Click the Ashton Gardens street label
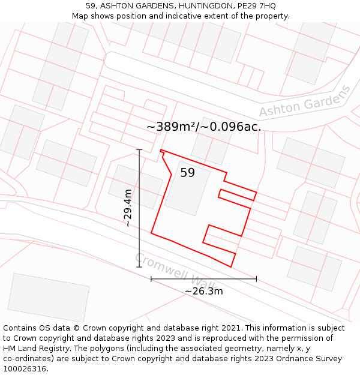pos(305,101)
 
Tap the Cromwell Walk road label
pos(174,272)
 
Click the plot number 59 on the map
pos(188,173)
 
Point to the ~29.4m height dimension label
pos(128,208)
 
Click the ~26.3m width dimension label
pos(203,291)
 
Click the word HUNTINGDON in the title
pos(193,6)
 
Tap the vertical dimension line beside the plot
pos(139,208)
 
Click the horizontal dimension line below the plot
pos(203,279)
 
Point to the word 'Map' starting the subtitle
pos(80,16)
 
